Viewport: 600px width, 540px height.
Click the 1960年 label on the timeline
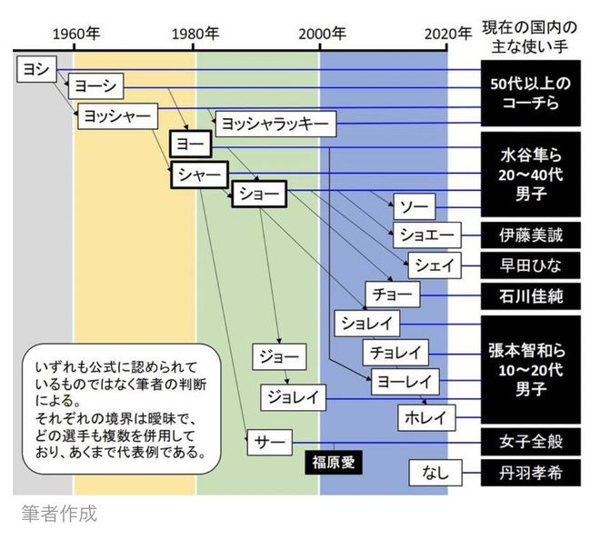pos(75,34)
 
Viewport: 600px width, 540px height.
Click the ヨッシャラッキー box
pos(275,123)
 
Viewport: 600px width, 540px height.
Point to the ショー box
pos(258,193)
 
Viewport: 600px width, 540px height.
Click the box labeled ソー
pos(414,205)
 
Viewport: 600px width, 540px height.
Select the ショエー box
pos(426,235)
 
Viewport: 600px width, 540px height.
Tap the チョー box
pos(393,295)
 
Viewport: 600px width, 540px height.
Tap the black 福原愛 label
pos(333,462)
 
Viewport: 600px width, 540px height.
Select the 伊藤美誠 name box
pos(531,235)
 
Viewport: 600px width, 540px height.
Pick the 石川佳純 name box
pos(531,295)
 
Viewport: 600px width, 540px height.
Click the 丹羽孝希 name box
pos(531,473)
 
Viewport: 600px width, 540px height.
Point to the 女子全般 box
pos(531,442)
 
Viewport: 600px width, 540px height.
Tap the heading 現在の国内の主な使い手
pos(531,34)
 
